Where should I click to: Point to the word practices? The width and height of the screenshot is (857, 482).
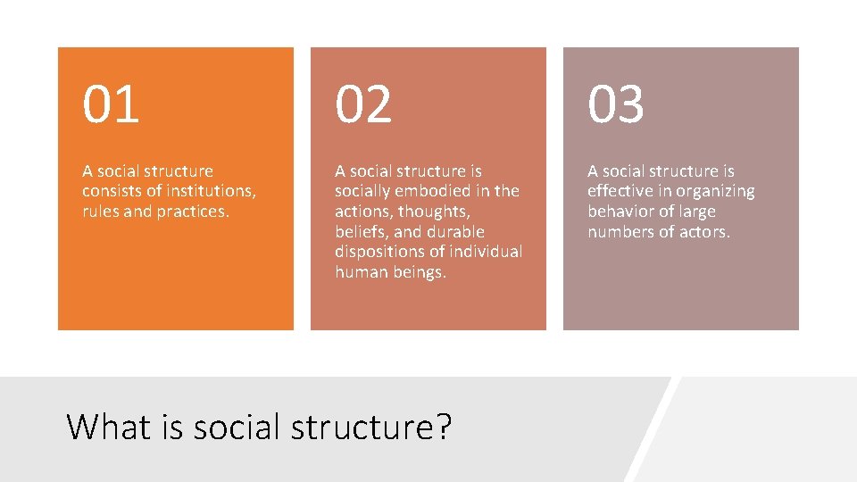195,212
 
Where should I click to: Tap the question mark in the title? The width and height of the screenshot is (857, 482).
443,427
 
